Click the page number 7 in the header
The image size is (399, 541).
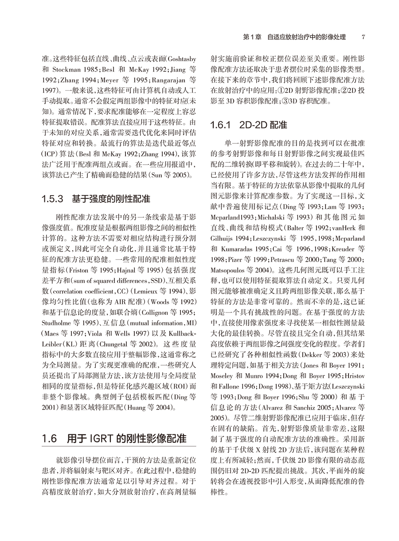coord(363,37)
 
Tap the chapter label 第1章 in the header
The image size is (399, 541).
coord(253,37)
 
